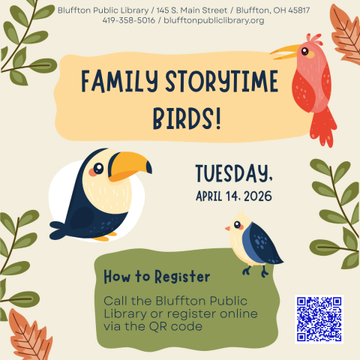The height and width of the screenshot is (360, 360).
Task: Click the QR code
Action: pyautogui.click(x=319, y=319)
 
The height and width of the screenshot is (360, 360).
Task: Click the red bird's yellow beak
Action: pyautogui.click(x=286, y=51)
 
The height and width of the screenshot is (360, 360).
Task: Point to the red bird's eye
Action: pyautogui.click(x=305, y=52)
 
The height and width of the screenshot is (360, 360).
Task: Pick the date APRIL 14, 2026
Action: pyautogui.click(x=235, y=197)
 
